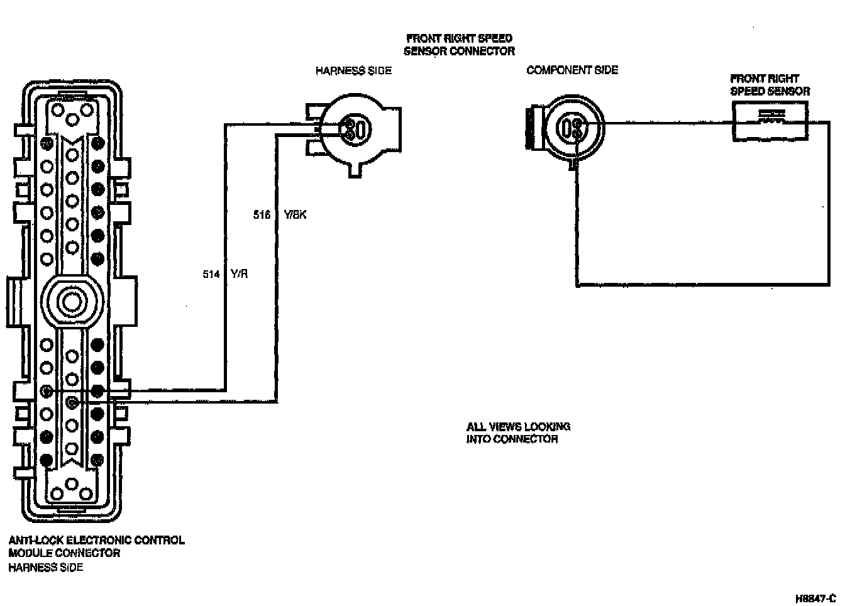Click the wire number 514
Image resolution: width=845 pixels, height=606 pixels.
coord(211,274)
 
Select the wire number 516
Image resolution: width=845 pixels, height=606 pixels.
coord(262,215)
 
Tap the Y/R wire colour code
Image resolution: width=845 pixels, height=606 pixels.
coord(240,274)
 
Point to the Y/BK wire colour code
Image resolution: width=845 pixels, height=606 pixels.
coord(295,215)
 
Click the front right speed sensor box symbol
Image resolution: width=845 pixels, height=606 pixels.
coord(770,121)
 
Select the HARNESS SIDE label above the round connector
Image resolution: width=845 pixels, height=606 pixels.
coord(353,71)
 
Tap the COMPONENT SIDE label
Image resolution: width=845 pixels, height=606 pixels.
coord(572,70)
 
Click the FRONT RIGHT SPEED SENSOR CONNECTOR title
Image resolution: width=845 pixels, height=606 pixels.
coord(459,45)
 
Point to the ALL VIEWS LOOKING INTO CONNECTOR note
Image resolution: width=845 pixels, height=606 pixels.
coord(518,432)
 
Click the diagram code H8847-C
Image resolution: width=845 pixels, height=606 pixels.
coord(815,598)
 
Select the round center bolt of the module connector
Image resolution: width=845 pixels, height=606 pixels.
coord(71,301)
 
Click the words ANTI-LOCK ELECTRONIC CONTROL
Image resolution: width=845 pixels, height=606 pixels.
coord(96,540)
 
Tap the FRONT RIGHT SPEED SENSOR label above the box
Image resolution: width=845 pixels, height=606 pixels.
coord(770,85)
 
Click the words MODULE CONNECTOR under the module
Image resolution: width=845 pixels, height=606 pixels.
coord(64,553)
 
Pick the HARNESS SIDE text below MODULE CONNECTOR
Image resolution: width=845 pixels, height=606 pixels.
coord(45,568)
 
